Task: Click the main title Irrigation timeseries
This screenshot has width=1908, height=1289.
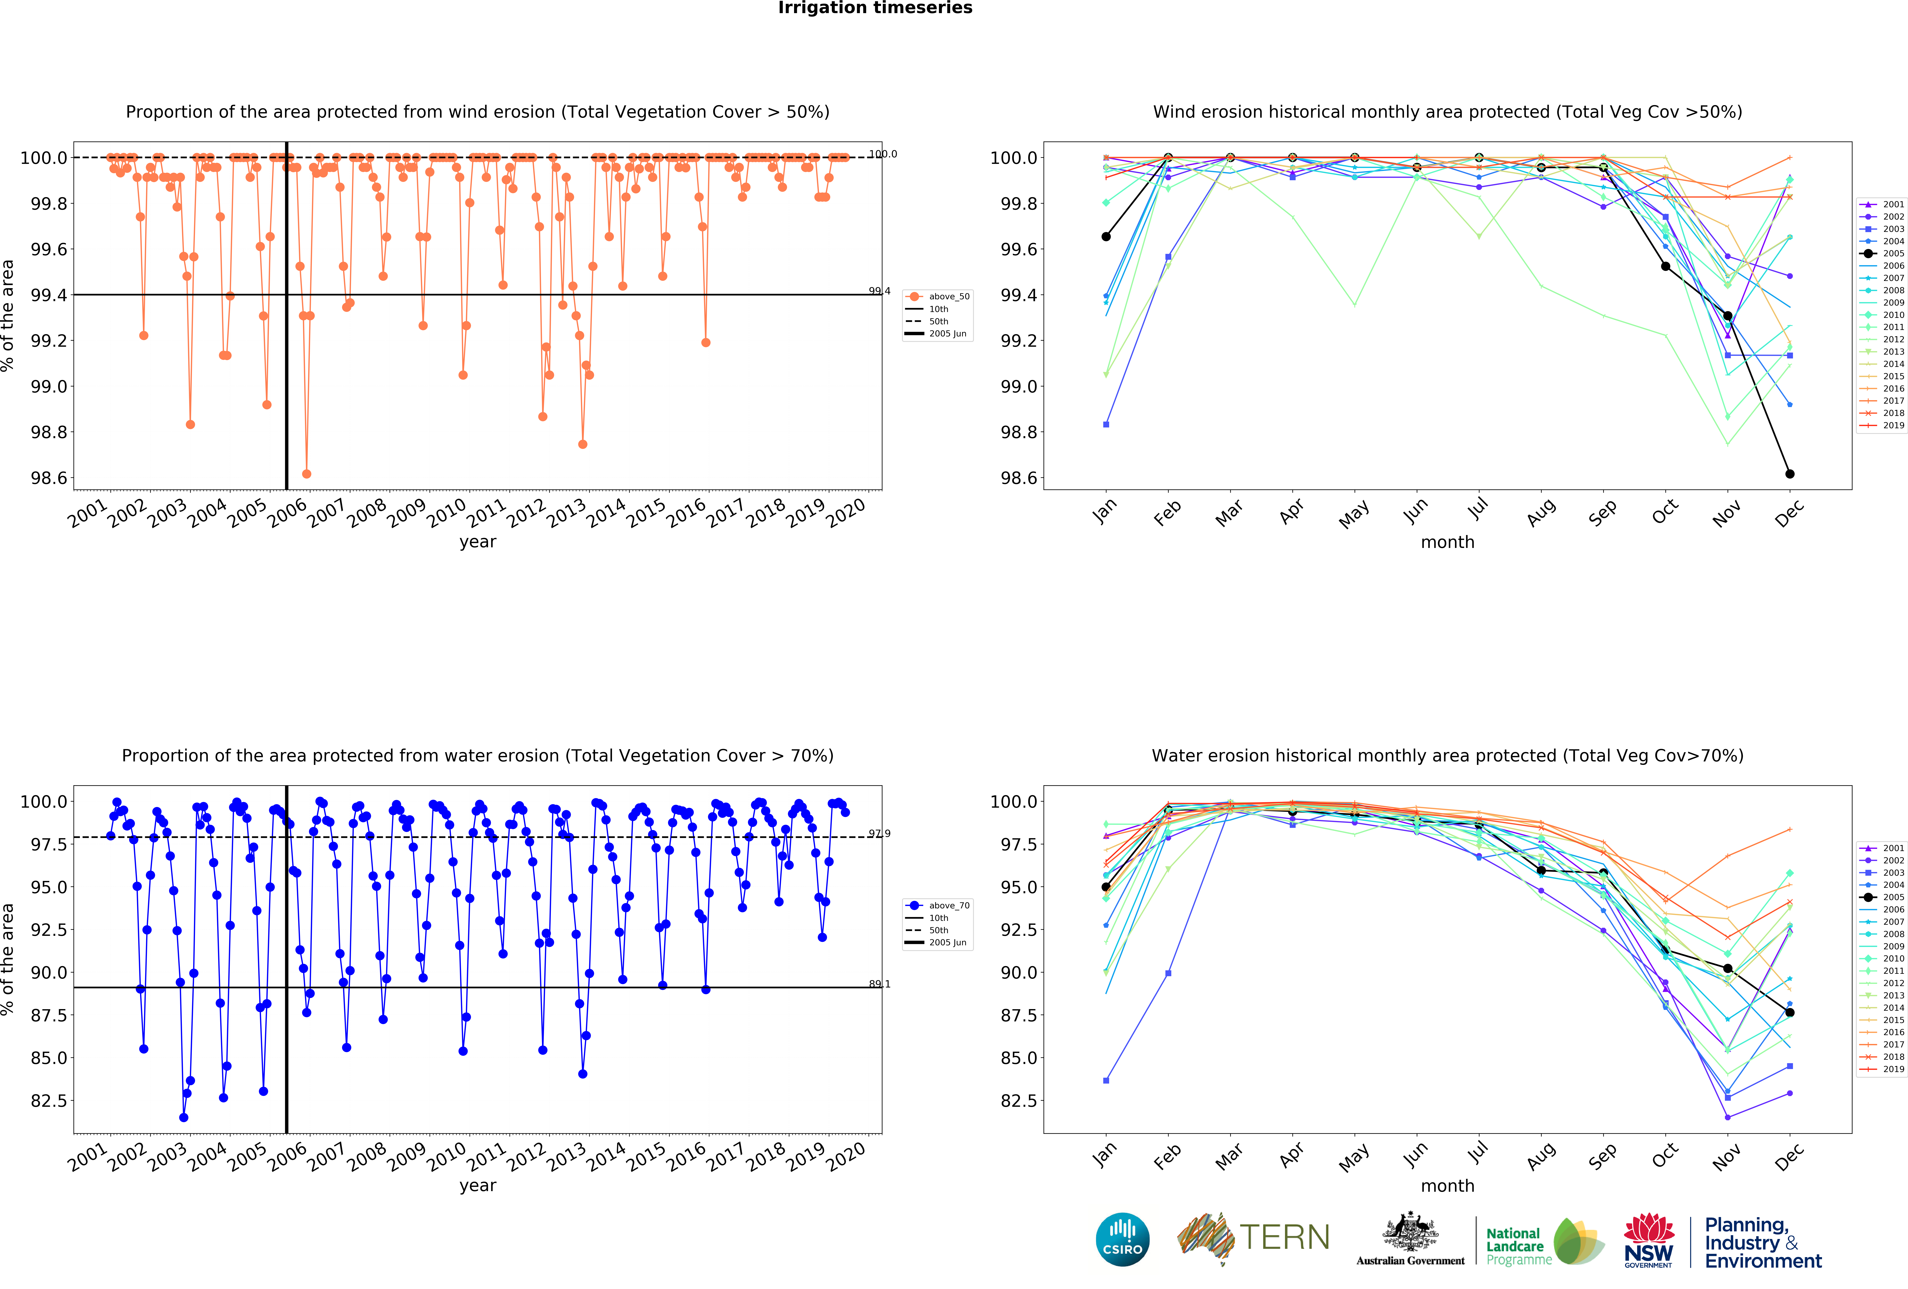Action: (x=875, y=8)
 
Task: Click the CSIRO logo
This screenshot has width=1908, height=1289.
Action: (x=1122, y=1239)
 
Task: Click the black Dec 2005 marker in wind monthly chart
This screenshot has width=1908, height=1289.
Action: (x=1790, y=474)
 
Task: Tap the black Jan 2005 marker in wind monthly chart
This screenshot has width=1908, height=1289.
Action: (x=1106, y=237)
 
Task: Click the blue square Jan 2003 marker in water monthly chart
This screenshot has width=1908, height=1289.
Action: (x=1106, y=1081)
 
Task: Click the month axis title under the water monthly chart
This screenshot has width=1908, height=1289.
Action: (x=1447, y=1185)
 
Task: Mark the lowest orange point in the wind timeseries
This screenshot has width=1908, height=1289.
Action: (x=306, y=474)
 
